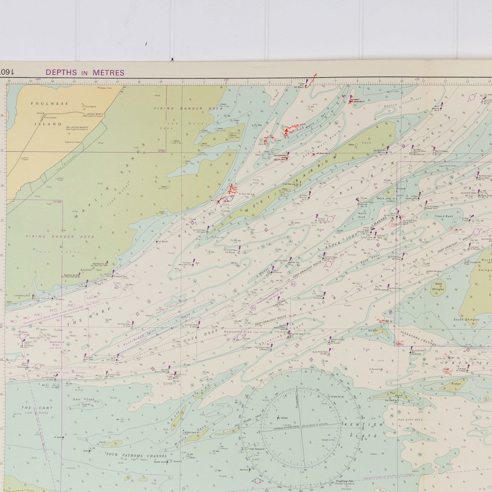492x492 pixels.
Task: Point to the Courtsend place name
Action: [90, 106]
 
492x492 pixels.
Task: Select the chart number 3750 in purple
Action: [161, 151]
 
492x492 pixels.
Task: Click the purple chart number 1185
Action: [58, 201]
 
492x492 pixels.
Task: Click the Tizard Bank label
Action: [444, 216]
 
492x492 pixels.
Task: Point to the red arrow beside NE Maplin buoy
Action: [313, 78]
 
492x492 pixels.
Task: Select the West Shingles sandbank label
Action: [438, 286]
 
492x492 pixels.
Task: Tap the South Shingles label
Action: [466, 319]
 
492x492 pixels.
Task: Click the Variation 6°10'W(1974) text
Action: [284, 427]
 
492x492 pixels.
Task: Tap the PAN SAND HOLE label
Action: [410, 420]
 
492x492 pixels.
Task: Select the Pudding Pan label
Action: [344, 481]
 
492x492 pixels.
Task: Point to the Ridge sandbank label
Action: [456, 384]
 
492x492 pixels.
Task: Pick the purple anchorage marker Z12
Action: [70, 305]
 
